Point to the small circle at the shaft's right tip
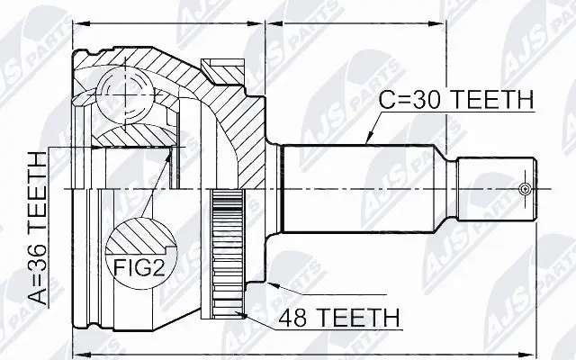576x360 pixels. [526, 189]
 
